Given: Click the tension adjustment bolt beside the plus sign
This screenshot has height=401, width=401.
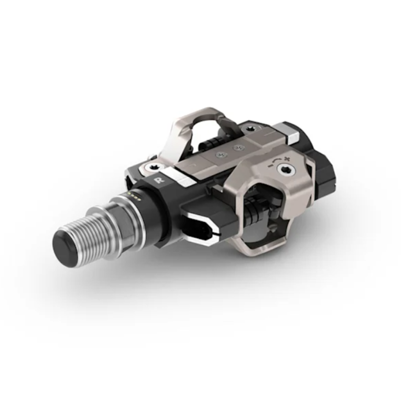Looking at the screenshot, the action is (284, 169).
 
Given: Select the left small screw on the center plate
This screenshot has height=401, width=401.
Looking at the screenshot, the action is (220, 154).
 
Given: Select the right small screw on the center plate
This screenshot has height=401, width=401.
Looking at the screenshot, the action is (239, 147).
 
